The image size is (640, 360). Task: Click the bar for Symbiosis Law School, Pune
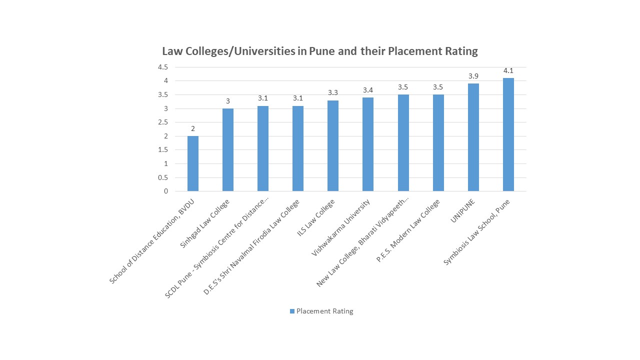pos(508,134)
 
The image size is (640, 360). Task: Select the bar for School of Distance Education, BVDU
pos(192,163)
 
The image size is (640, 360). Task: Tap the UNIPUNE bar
pos(473,137)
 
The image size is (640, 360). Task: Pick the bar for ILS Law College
pos(333,145)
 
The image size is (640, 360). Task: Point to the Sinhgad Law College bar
pos(227,149)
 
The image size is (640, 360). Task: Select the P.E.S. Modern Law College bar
pos(438,142)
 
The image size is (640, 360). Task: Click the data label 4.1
pos(508,70)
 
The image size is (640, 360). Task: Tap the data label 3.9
pos(473,76)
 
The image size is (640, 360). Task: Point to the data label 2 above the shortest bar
pos(192,128)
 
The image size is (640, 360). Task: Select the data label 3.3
pos(333,92)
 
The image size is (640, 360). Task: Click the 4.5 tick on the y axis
pos(163,67)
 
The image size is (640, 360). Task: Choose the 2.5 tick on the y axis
pos(163,122)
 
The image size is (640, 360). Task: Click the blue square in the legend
pos(292,311)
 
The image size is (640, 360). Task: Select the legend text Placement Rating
pos(324,311)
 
